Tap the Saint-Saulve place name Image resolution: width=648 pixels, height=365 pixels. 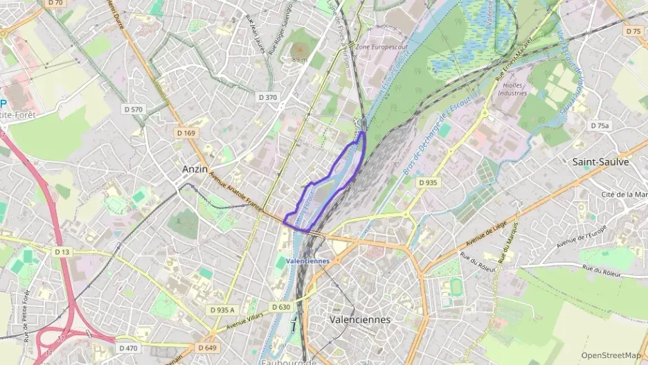600,161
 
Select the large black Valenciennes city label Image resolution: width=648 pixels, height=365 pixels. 359,320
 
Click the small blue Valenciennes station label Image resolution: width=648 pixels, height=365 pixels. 307,261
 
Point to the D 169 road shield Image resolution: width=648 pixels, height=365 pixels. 186,132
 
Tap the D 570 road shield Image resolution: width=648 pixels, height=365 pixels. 133,109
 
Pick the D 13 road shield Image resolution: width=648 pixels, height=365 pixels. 62,252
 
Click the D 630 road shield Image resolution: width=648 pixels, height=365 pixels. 281,307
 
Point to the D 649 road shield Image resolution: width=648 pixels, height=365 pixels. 206,347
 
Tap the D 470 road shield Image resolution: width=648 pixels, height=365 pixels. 128,347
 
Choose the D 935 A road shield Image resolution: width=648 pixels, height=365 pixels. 222,310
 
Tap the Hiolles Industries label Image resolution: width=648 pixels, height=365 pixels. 512,89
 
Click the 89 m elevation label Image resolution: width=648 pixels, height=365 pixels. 299,60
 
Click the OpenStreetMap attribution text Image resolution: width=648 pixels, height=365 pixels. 611,355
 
